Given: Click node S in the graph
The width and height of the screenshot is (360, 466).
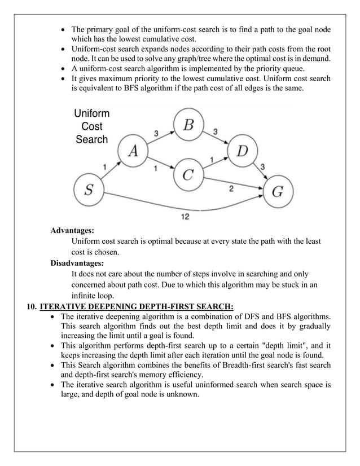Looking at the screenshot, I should coord(89,190).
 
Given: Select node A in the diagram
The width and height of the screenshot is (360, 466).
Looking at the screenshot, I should coord(134,151).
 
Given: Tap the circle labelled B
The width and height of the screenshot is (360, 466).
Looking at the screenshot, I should coord(189,125).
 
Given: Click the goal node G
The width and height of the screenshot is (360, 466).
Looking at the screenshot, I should coord(278,191).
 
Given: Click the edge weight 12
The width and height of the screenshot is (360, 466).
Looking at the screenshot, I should coord(185,216).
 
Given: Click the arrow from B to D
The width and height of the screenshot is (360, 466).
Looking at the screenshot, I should coord(217,138).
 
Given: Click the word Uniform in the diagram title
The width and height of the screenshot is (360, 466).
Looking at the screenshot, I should coord(92,114).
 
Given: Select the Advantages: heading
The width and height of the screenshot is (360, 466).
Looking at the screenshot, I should coord(72,231).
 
